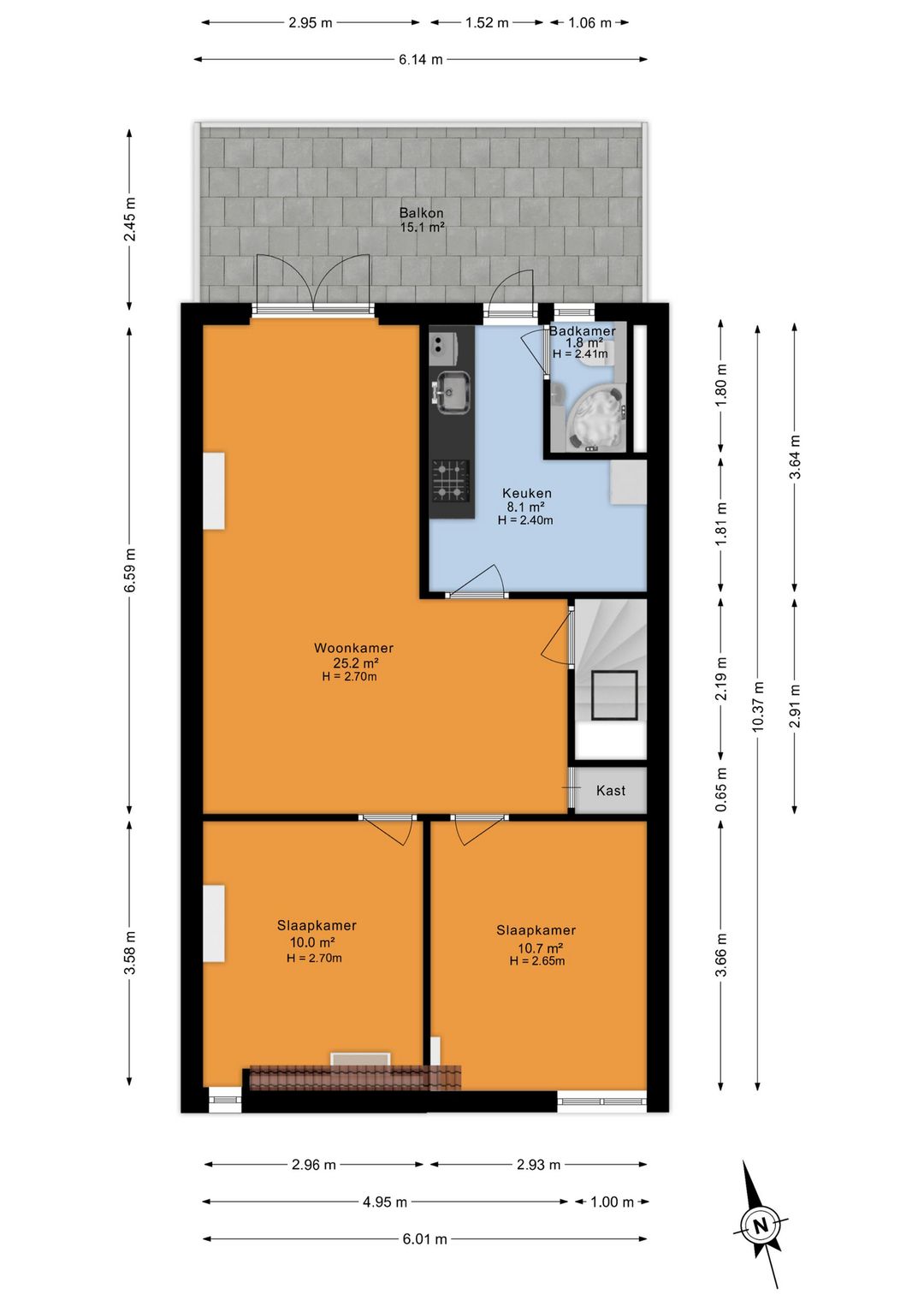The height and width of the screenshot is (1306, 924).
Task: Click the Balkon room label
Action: pos(422,213)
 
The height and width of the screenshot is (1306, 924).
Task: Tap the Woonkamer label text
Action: pos(354,647)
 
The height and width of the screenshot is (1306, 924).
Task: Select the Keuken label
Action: pos(527,493)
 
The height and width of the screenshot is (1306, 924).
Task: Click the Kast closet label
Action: pos(610,791)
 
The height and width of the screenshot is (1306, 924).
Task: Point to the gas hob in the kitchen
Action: pos(451,480)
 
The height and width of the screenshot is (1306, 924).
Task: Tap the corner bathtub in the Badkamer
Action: pos(595,418)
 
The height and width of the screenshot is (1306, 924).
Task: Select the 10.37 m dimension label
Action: pos(757,706)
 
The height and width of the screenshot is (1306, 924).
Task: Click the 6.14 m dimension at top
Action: pos(421,59)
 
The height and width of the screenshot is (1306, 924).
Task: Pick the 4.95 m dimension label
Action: pos(385,1202)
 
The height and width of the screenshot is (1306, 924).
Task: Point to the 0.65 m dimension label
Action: pos(722,790)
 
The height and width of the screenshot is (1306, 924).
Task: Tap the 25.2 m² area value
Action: pos(356,662)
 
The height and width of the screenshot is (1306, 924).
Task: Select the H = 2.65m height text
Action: pos(537,961)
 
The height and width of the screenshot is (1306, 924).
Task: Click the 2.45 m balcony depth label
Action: pos(130,219)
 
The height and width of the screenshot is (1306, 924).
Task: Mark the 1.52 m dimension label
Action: pos(487,23)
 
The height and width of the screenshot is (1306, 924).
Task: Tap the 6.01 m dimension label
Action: pos(424,1239)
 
